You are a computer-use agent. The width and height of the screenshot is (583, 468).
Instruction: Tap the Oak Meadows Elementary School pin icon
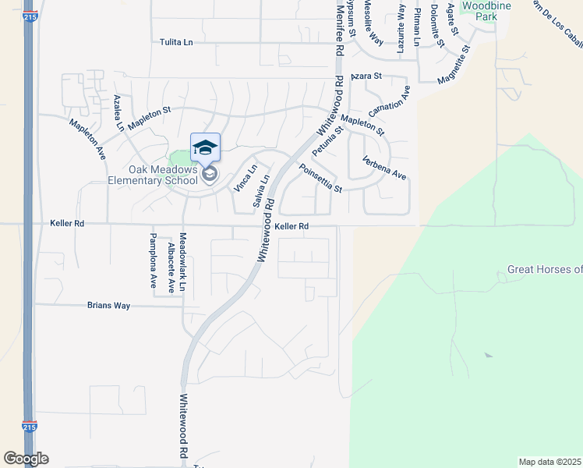pos(205,148)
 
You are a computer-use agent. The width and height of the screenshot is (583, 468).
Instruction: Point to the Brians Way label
pos(108,307)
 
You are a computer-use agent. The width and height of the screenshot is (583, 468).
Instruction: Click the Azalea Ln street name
pos(119,112)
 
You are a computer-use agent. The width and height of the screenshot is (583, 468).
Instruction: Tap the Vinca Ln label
pos(246,179)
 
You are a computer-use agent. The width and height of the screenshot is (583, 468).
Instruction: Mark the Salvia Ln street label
pos(262,190)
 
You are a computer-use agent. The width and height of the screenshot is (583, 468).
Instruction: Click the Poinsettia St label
pos(320,178)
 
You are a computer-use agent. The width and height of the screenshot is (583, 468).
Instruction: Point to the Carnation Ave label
pos(389,102)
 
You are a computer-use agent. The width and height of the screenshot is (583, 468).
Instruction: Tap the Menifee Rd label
pos(338,27)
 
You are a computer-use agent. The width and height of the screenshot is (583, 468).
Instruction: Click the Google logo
pos(26,459)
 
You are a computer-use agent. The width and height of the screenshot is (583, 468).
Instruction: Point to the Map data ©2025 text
pos(549,462)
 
